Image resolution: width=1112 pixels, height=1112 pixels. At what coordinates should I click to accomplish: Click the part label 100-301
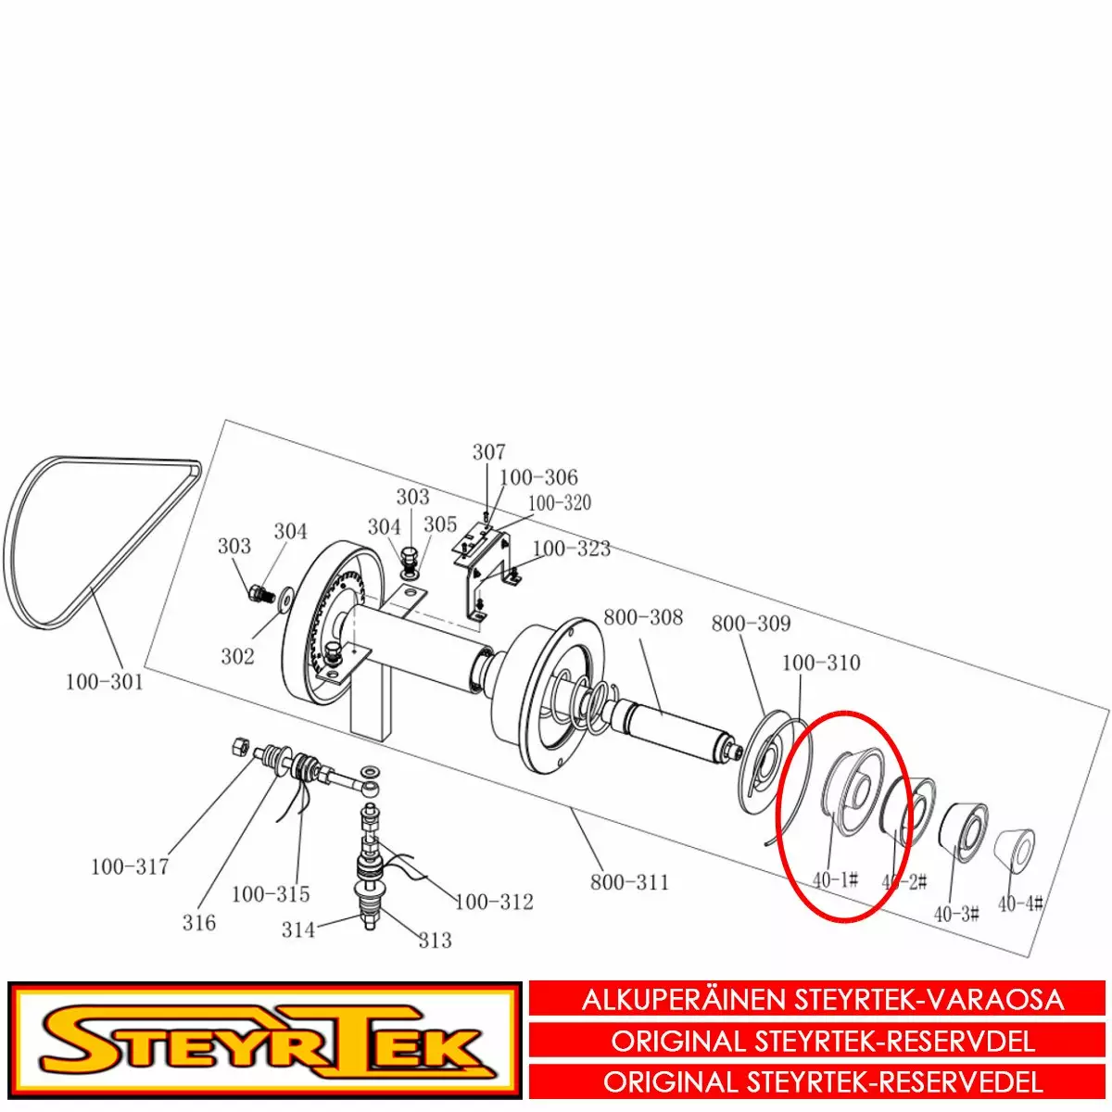click(105, 682)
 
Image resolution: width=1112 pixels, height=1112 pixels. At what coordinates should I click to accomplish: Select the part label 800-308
click(643, 617)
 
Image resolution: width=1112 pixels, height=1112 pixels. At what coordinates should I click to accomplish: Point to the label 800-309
click(751, 624)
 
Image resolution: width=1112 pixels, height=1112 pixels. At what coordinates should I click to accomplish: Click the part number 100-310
click(821, 663)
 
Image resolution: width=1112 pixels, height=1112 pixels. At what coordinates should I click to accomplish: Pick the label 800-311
click(629, 882)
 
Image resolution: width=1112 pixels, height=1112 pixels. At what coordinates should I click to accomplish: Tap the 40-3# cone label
click(956, 914)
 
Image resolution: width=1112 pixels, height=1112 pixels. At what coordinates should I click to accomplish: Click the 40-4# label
click(1021, 903)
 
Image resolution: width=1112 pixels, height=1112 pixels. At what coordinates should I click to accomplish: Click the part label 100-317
click(130, 867)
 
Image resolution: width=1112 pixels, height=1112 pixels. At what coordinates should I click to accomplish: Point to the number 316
click(199, 923)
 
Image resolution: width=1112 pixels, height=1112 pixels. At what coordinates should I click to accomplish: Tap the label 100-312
click(494, 902)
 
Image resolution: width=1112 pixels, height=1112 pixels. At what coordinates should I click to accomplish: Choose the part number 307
click(489, 452)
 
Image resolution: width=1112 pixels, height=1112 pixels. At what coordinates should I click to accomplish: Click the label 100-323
click(572, 549)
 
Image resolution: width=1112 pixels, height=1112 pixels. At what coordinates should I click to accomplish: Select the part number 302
click(237, 656)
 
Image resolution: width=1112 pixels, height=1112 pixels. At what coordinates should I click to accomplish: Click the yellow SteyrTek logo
click(265, 1041)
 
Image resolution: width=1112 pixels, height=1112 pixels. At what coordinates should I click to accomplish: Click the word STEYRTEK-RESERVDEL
click(895, 1041)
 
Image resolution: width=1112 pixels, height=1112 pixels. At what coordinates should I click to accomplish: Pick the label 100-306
click(538, 477)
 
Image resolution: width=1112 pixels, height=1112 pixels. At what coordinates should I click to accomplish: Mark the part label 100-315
click(271, 894)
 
